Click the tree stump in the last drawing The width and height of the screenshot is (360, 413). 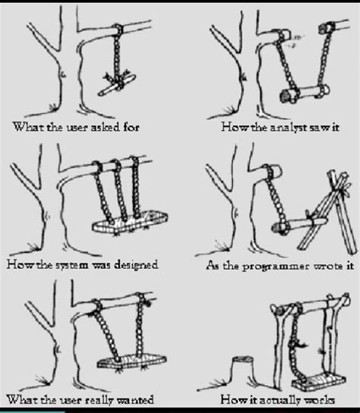point(242,370)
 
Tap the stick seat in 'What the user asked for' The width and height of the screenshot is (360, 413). point(117,85)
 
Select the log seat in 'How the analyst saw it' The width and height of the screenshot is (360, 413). point(305,93)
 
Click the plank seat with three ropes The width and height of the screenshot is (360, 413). point(130,223)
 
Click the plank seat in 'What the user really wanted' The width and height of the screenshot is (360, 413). point(131,361)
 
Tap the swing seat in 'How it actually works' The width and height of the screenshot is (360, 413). point(318,381)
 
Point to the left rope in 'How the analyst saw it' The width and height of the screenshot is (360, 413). point(287,66)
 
